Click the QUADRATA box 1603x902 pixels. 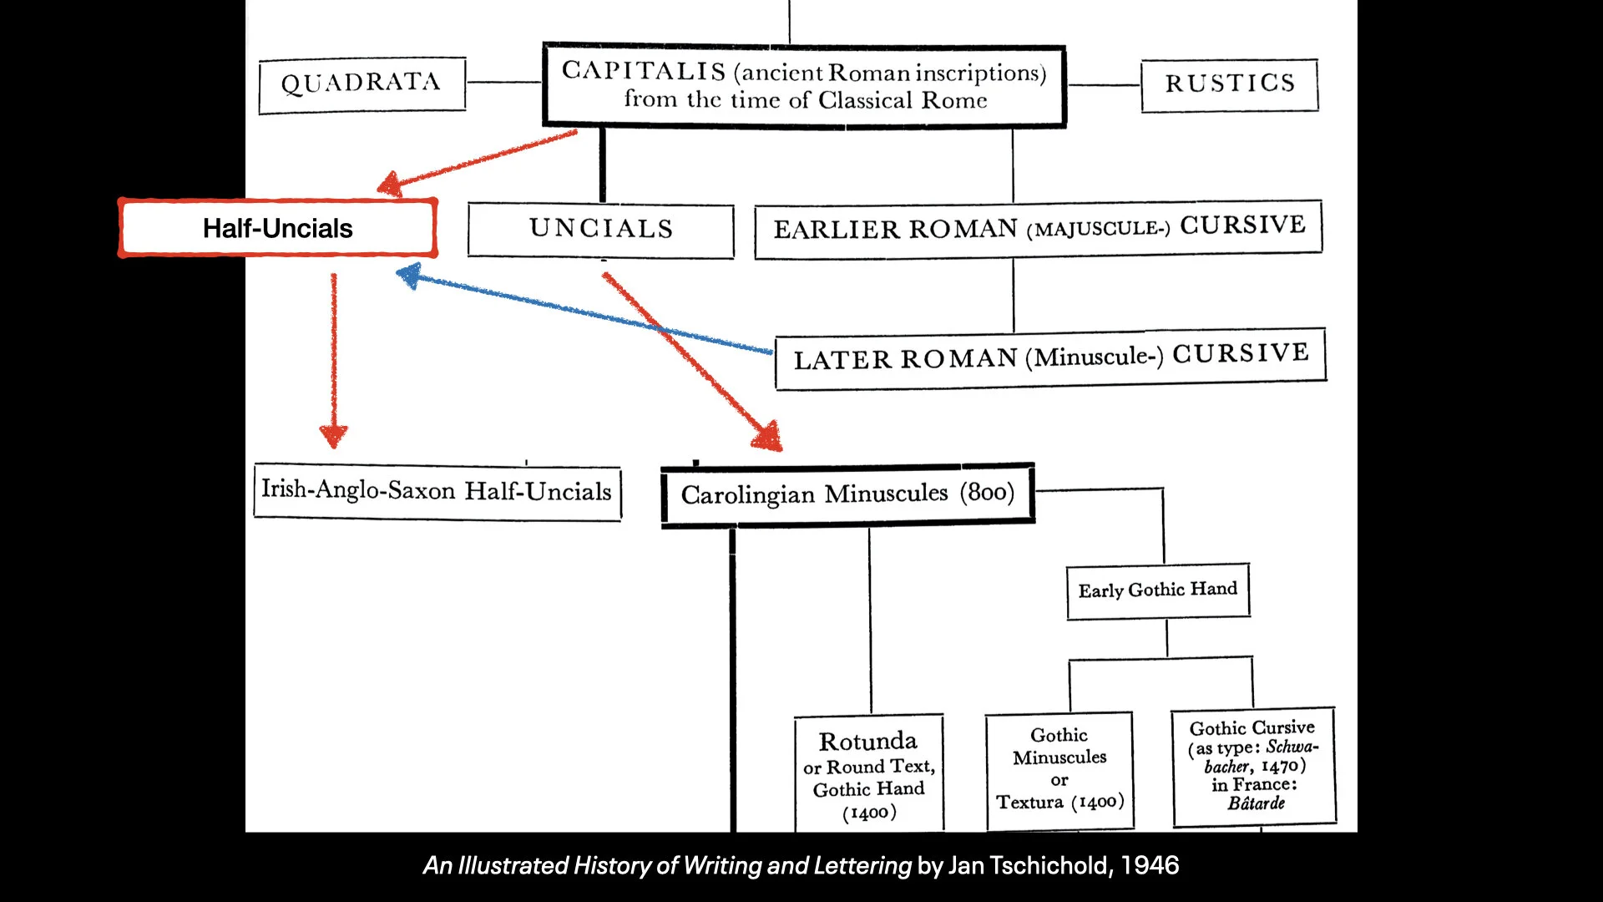[x=362, y=84]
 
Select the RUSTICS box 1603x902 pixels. [x=1229, y=84]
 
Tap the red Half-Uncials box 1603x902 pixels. [x=277, y=228]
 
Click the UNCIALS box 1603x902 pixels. [x=600, y=229]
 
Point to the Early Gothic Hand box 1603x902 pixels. [x=1157, y=590]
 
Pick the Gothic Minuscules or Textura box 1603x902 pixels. [x=1059, y=769]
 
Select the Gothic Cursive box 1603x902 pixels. [x=1253, y=766]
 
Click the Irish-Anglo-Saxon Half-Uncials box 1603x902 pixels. [x=437, y=491]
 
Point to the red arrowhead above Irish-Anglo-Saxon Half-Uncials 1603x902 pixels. [x=333, y=435]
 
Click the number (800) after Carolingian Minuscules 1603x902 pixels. [x=987, y=492]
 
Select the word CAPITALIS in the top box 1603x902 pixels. [x=643, y=71]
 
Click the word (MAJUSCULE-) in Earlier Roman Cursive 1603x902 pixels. [x=1098, y=229]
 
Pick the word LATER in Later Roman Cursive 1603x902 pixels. [x=842, y=360]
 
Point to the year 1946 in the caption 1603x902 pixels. [x=1150, y=865]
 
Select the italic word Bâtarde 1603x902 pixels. [x=1256, y=803]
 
